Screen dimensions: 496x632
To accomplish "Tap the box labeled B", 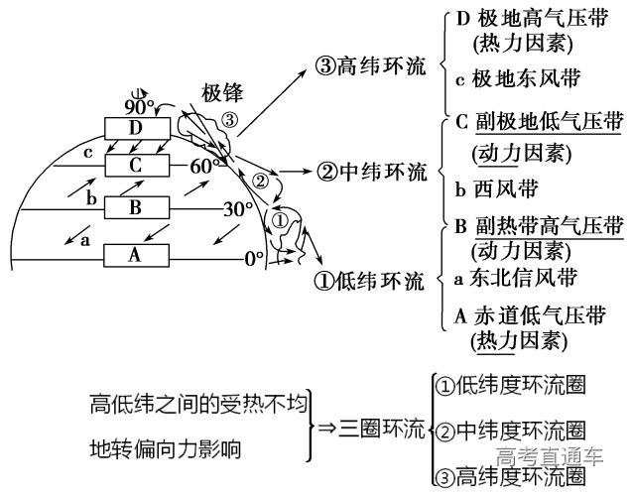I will click(136, 209).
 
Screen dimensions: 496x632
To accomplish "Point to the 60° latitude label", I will click(205, 165).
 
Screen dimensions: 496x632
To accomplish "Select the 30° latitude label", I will click(237, 210).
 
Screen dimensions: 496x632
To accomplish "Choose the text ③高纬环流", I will click(369, 65).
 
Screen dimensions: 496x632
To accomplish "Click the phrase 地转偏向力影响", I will click(165, 448).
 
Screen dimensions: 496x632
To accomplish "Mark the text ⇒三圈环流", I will click(369, 429).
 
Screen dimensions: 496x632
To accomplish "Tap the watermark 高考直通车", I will click(551, 457).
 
